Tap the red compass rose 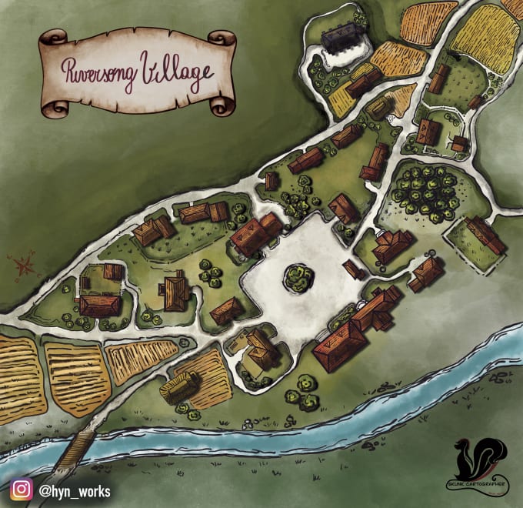coord(24,266)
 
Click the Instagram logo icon coord(21,490)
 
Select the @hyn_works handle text coord(75,491)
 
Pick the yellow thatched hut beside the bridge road coord(180,385)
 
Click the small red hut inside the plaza coord(355,269)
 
